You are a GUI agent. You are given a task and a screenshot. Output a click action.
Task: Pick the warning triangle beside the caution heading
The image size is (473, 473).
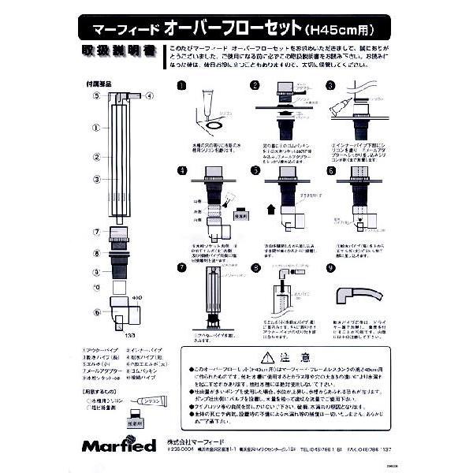point(268,356)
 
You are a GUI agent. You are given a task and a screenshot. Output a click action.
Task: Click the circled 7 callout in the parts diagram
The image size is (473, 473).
point(94,230)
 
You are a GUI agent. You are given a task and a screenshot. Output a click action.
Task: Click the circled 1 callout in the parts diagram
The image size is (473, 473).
point(94,126)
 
